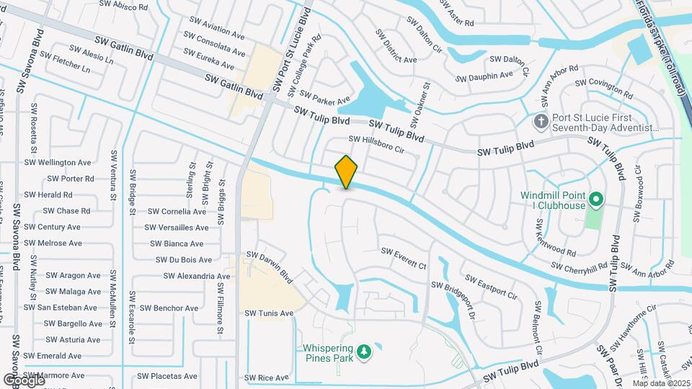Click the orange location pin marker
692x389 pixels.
coord(347,172)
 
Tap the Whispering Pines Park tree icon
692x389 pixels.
coord(365,351)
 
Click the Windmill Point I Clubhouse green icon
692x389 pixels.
coord(595,199)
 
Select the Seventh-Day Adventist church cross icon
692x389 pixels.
coord(541,121)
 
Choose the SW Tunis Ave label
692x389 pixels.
coord(269,313)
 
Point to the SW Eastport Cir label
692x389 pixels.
coord(491,286)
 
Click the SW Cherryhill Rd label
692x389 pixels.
coord(579,267)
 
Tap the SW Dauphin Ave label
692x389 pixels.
coord(483,76)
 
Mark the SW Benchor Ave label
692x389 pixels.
coord(169,308)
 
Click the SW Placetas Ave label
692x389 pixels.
coord(167,376)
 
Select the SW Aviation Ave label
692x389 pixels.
coord(215,24)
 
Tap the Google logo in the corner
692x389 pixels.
coord(23,380)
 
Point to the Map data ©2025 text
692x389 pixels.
coord(661,383)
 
